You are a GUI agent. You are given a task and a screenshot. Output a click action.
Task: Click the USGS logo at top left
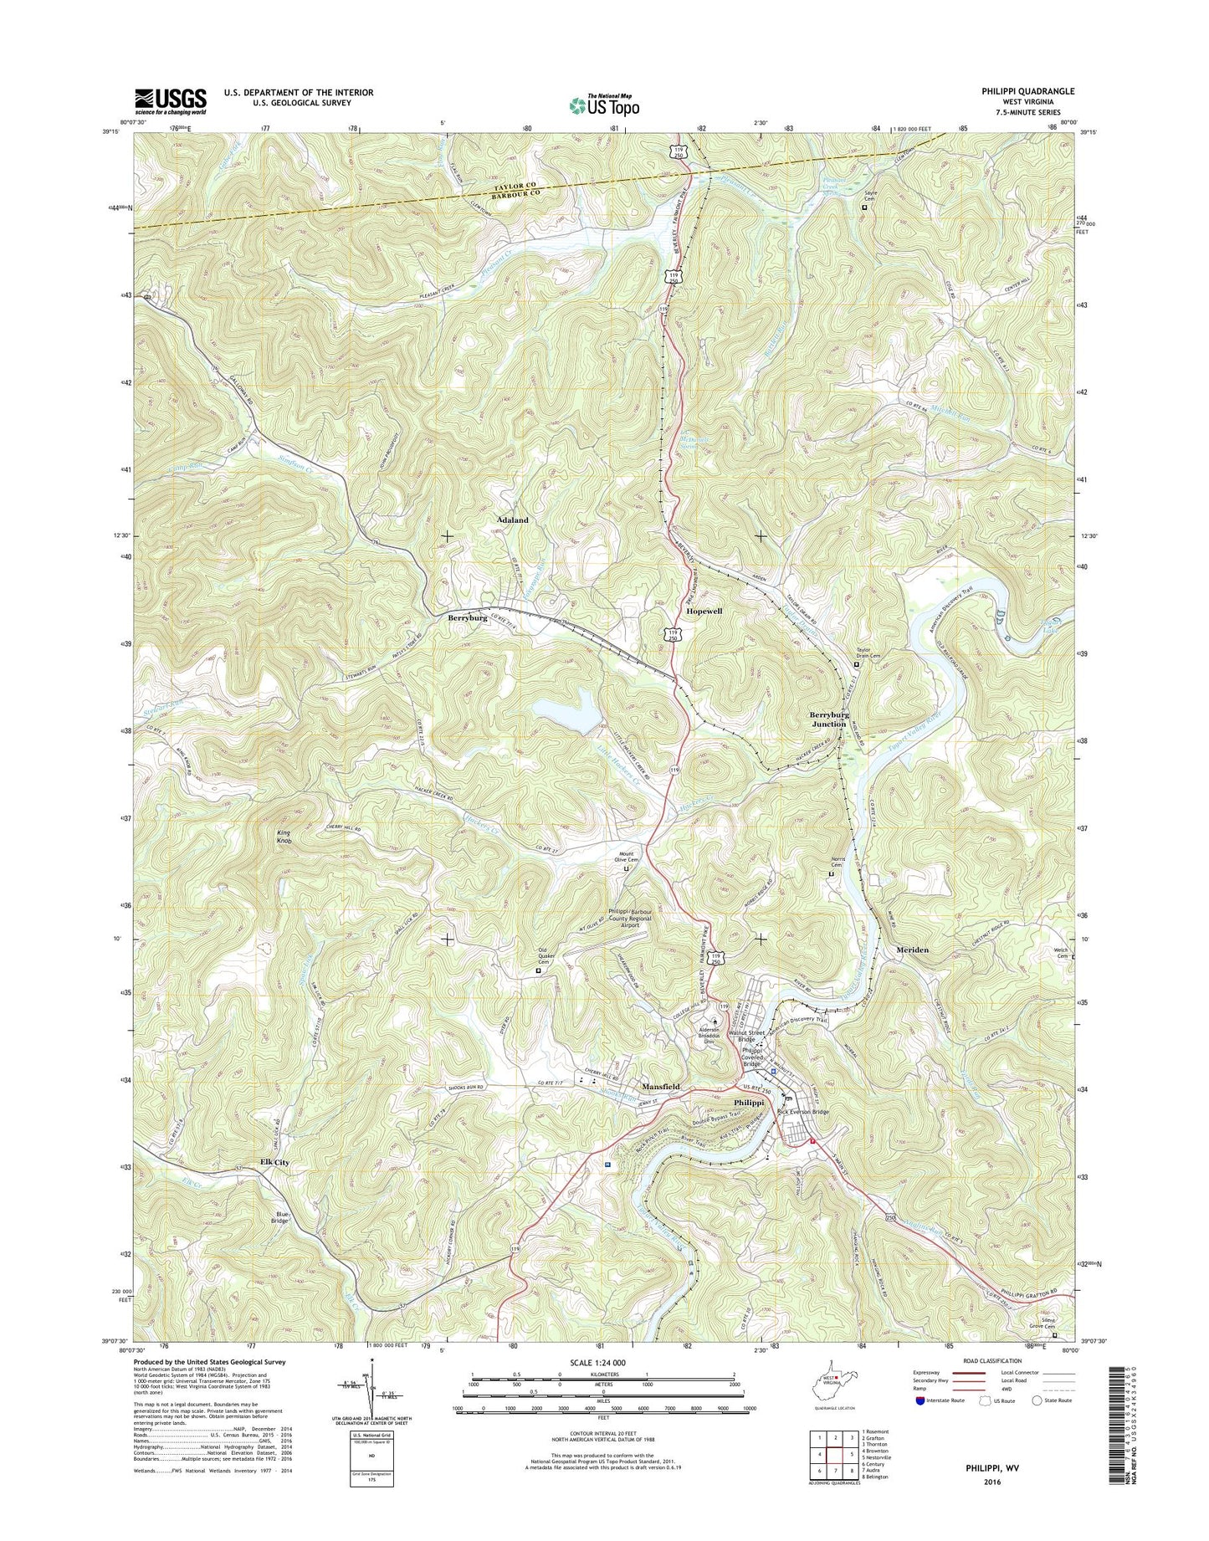click(171, 101)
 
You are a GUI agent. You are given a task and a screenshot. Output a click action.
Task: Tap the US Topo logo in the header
click(604, 105)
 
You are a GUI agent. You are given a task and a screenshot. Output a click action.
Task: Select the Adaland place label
click(512, 520)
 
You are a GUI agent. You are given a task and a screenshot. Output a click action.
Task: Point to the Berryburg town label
click(467, 617)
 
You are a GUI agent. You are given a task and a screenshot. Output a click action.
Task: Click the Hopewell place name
click(704, 612)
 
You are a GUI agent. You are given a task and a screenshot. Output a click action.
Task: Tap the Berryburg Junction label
click(828, 719)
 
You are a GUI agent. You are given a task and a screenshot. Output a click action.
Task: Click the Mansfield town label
click(661, 1086)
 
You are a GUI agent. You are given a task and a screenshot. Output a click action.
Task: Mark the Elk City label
click(274, 1163)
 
